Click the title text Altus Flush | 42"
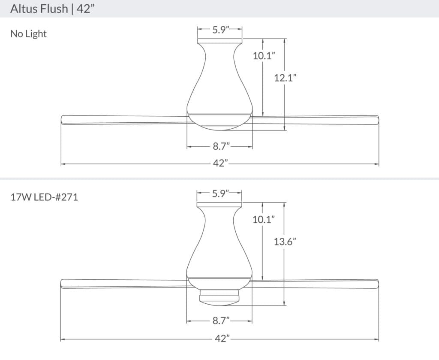click(x=51, y=9)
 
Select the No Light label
click(x=28, y=34)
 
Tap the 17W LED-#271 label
click(x=44, y=198)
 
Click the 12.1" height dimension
click(x=285, y=78)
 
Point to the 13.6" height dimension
click(x=285, y=242)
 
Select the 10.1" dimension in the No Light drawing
click(x=263, y=55)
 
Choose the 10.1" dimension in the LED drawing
click(x=263, y=220)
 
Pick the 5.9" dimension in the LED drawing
click(x=220, y=194)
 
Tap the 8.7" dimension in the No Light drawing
click(x=220, y=147)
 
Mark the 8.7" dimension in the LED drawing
click(x=220, y=321)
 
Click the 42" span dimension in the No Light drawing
click(x=220, y=164)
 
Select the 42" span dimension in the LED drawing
click(x=220, y=339)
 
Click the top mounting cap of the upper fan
click(x=219, y=41)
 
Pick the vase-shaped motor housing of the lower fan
click(x=219, y=245)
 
